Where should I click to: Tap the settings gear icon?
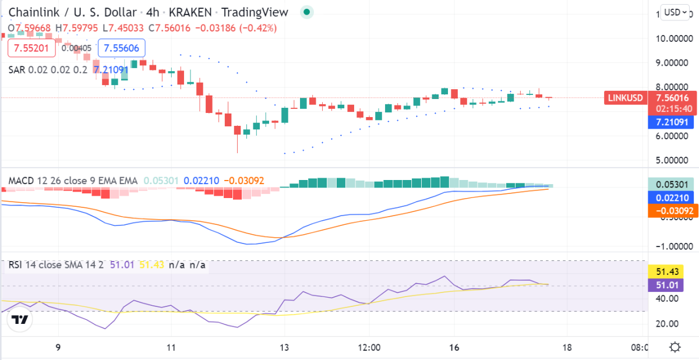[675, 347]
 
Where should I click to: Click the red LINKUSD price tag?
[626, 98]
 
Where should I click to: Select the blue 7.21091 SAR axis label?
[673, 122]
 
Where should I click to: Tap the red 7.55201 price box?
[31, 48]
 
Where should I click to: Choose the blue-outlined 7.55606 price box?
[122, 48]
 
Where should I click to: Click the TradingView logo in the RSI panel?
[20, 320]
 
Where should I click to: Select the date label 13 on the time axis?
[284, 348]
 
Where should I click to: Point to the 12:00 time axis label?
[369, 348]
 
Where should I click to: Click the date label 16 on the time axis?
[454, 348]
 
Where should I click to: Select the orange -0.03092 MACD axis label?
[673, 211]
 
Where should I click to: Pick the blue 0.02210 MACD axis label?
[673, 198]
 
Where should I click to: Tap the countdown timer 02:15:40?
[673, 108]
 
